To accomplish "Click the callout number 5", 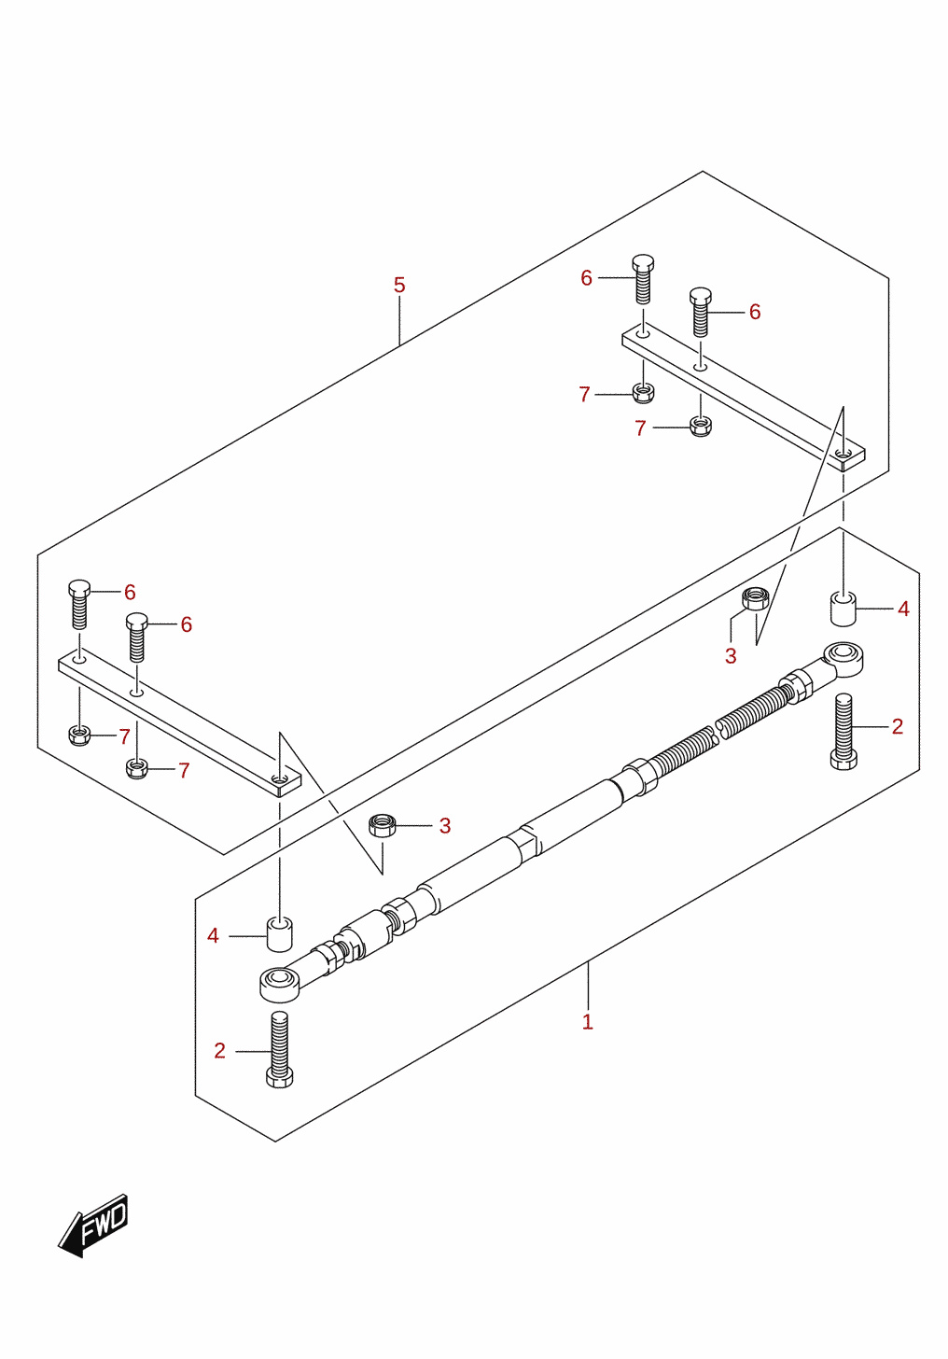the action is pos(399,286).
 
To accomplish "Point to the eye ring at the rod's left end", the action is pos(280,984).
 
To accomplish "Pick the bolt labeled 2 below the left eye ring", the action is pos(279,1050).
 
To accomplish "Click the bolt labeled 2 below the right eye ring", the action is pos(843,732).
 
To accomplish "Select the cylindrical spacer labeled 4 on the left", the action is pos(279,935).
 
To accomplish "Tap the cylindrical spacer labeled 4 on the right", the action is pos(843,608).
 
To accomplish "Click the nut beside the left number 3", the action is pos(383,826).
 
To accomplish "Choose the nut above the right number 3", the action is pos(755,598).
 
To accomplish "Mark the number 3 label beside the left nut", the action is pos(444,826).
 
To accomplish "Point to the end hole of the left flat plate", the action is pos(279,778).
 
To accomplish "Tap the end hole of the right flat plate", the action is pos(843,454).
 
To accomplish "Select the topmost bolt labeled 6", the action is pos(643,279).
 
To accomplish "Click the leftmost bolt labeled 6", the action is pos(79,604).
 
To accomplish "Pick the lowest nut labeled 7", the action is pos(137,769).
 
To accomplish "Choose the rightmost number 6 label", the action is pos(755,312).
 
